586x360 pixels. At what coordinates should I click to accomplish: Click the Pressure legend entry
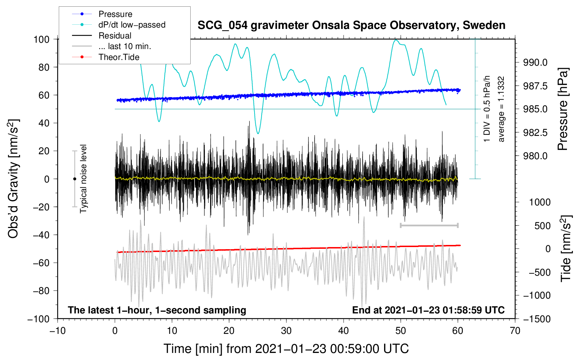(115, 14)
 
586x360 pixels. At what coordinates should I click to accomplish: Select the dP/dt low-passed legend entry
(132, 25)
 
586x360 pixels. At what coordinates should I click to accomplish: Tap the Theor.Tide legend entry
(119, 57)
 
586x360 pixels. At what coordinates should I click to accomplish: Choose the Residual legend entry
(115, 36)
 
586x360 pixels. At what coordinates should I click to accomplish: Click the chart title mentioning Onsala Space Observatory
(351, 25)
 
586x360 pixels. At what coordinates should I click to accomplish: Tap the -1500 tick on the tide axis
(537, 319)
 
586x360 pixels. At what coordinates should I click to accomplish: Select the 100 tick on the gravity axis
(41, 39)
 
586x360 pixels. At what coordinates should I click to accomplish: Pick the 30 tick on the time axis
(286, 331)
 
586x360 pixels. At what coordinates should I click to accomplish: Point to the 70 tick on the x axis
(515, 331)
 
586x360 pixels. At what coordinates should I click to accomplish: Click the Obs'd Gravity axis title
(13, 179)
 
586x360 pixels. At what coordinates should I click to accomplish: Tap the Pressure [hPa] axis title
(563, 109)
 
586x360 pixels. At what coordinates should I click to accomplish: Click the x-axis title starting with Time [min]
(286, 349)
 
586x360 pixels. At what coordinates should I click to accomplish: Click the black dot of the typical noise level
(74, 179)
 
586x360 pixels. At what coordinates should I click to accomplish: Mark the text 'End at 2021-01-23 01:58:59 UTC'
(428, 310)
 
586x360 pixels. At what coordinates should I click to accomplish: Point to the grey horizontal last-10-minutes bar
(429, 225)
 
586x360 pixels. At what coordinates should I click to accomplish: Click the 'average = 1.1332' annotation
(501, 109)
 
